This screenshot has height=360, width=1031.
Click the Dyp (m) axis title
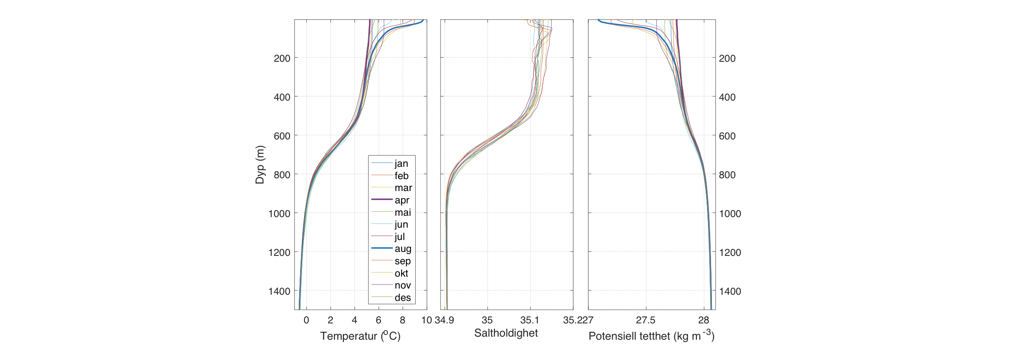pyautogui.click(x=260, y=165)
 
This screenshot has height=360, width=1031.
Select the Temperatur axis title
pyautogui.click(x=360, y=336)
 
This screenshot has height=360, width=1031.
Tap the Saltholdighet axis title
pyautogui.click(x=506, y=333)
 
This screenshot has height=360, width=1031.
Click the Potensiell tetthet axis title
pyautogui.click(x=651, y=336)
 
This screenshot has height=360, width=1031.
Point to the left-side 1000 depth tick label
pyautogui.click(x=279, y=214)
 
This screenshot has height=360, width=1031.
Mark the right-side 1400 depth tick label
pyautogui.click(x=730, y=291)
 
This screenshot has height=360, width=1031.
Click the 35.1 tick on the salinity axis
pyautogui.click(x=530, y=320)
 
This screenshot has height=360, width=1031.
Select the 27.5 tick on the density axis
pyautogui.click(x=646, y=320)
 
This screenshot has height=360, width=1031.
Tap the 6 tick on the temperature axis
pyautogui.click(x=378, y=320)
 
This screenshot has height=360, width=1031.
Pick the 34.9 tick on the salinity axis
pyautogui.click(x=444, y=320)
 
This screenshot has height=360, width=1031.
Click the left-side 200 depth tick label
pyautogui.click(x=282, y=58)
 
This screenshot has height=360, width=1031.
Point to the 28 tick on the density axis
pyautogui.click(x=704, y=320)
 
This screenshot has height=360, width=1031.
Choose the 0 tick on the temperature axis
pyautogui.click(x=306, y=320)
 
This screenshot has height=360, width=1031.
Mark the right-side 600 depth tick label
pyautogui.click(x=727, y=136)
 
